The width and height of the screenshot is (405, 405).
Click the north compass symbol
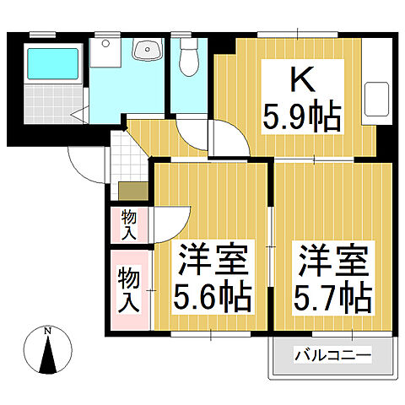[48, 348]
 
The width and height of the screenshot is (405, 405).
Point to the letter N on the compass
[48, 330]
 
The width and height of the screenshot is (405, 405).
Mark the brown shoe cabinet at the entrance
[132, 192]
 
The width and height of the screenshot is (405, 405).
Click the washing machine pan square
[106, 56]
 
